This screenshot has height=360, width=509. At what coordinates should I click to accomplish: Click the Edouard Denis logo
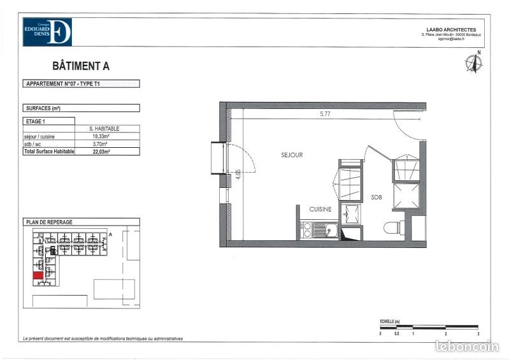(47, 32)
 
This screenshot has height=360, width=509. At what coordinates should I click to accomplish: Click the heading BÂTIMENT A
(80, 66)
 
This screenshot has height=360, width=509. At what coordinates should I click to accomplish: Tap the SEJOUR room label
(292, 155)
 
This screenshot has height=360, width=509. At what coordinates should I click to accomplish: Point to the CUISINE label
(320, 209)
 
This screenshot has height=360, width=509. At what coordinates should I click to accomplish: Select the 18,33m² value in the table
(101, 136)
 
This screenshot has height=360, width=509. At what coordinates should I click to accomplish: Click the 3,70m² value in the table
(101, 144)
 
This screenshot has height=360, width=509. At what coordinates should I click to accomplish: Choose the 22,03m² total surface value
(101, 152)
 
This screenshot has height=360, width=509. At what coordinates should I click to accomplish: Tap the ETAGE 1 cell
(36, 120)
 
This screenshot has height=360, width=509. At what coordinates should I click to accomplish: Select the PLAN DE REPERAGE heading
(49, 222)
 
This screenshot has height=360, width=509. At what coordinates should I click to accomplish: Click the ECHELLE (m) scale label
(389, 321)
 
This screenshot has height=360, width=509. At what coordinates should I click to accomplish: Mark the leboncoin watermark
(467, 347)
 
